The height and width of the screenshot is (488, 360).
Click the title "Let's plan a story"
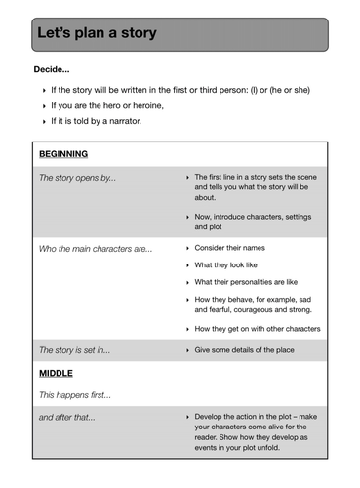[x=97, y=34]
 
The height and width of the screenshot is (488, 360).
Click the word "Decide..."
[x=52, y=70]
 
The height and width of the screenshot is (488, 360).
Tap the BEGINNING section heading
[x=63, y=154]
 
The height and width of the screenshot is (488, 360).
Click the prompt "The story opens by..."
[x=77, y=178]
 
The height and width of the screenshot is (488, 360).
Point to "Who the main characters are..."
[x=95, y=248]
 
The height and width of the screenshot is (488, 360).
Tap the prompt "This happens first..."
[x=74, y=395]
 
